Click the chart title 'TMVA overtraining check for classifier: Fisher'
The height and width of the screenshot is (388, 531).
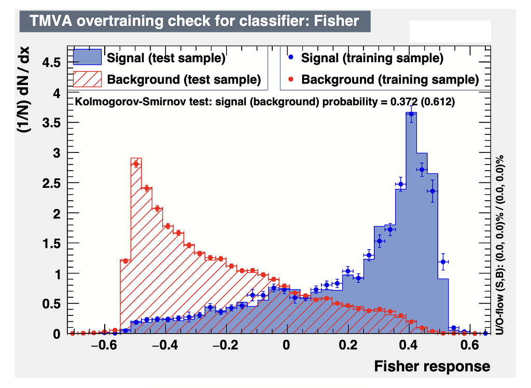194,21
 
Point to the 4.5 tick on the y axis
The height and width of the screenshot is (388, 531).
51,62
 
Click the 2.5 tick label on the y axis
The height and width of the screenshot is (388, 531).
51,183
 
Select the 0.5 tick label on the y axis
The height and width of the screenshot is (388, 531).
51,304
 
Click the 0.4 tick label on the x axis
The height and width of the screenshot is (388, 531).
409,346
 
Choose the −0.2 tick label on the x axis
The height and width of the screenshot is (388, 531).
224,346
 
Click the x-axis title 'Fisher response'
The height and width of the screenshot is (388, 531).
431,366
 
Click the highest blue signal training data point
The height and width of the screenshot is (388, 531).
411,114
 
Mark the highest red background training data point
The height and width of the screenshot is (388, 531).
136,164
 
